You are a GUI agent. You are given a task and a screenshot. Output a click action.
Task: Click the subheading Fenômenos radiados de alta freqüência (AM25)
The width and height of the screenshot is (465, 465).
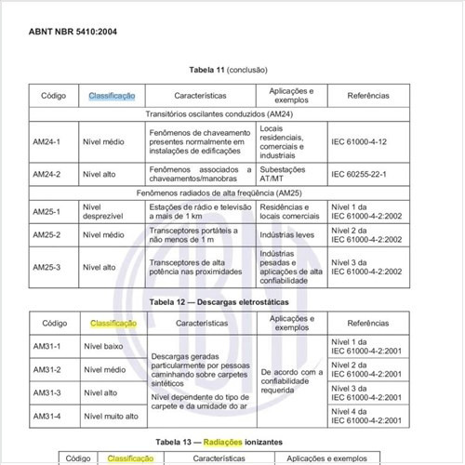coord(231,192)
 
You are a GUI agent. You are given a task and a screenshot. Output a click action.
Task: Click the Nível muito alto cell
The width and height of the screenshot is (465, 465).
coord(111,417)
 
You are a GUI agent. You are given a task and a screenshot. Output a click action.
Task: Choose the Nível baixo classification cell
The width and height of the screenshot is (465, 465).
coord(104,347)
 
